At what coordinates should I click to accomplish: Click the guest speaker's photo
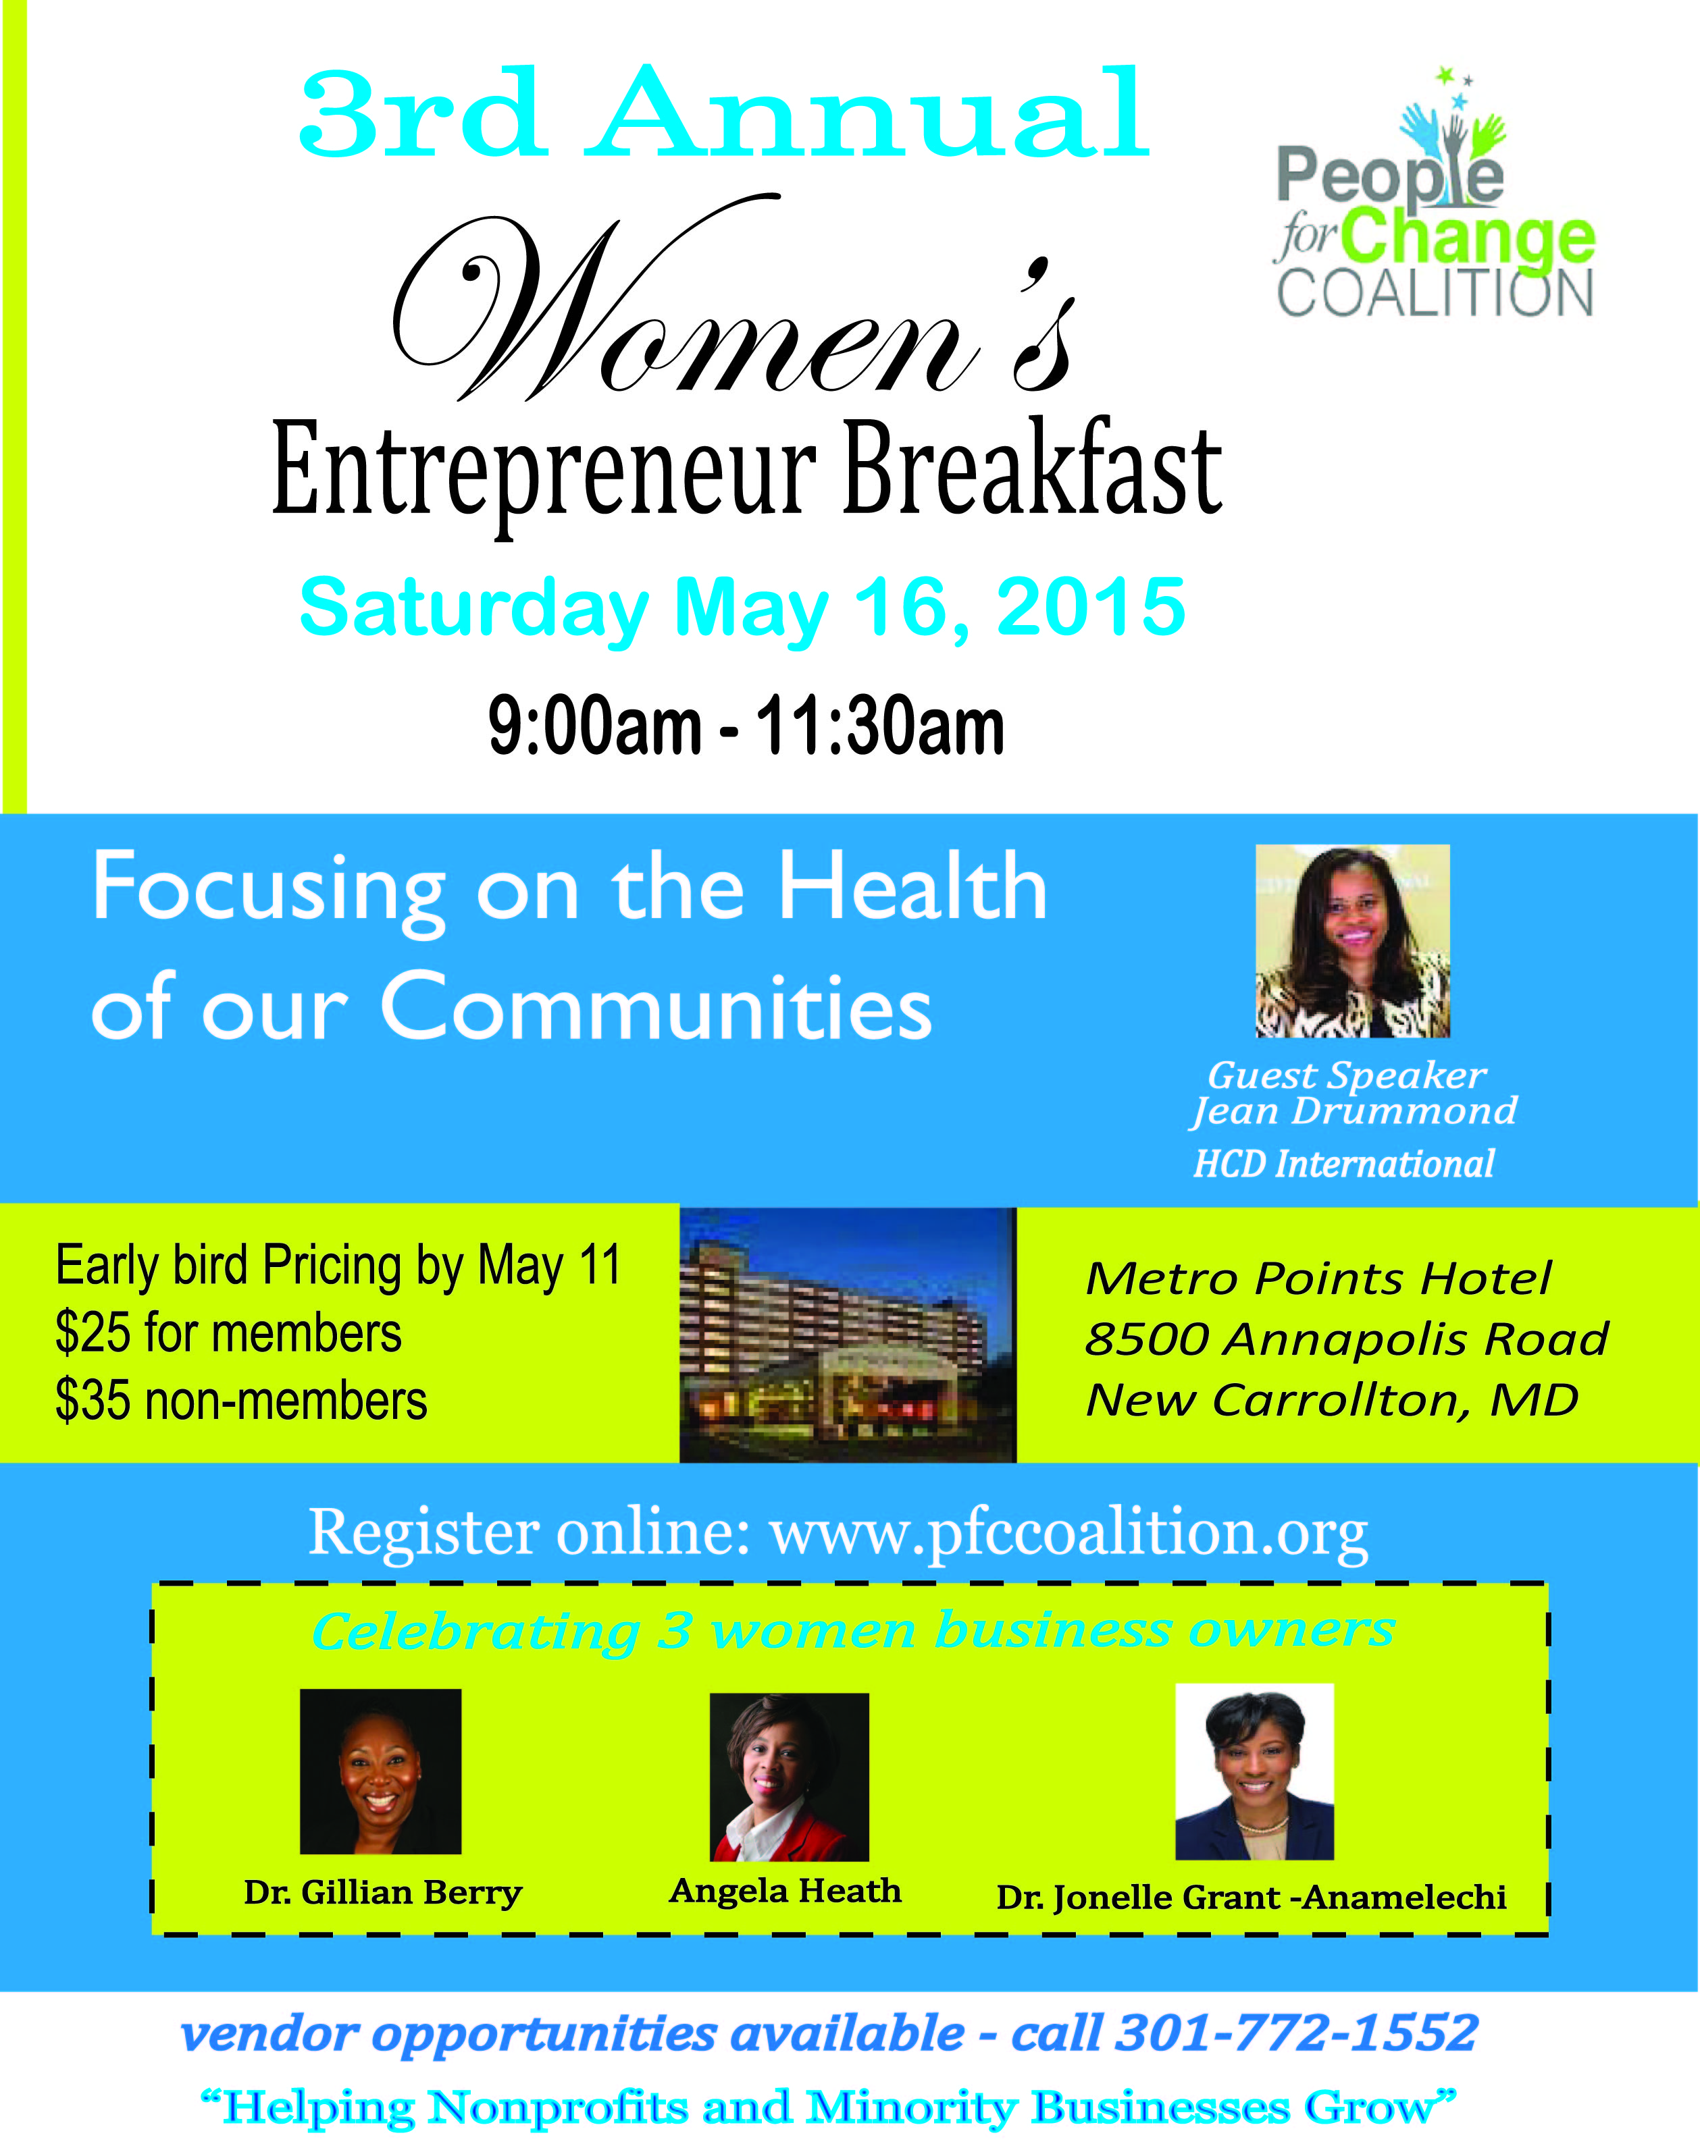pyautogui.click(x=1353, y=941)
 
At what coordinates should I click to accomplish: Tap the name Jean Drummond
pyautogui.click(x=1354, y=1111)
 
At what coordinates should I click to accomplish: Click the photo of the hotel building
pyautogui.click(x=848, y=1335)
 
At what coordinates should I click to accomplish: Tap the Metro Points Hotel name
pyautogui.click(x=1318, y=1279)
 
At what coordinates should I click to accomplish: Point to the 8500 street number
pyautogui.click(x=1148, y=1339)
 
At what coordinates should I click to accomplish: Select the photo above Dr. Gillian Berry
pyautogui.click(x=380, y=1771)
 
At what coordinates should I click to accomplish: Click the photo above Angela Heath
pyautogui.click(x=790, y=1776)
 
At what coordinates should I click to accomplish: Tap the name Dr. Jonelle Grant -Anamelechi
pyautogui.click(x=1251, y=1898)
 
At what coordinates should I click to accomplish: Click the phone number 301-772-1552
pyautogui.click(x=1297, y=2033)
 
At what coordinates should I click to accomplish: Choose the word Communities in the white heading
pyautogui.click(x=657, y=1007)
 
